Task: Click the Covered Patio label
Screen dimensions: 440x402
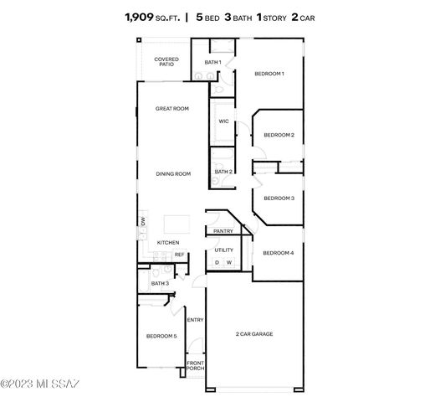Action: pyautogui.click(x=166, y=61)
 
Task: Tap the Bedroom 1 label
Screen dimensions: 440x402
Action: pyautogui.click(x=269, y=74)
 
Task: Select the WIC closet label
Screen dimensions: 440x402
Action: pyautogui.click(x=223, y=121)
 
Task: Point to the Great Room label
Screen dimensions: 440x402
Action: pyautogui.click(x=172, y=108)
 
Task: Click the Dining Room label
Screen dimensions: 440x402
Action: pyautogui.click(x=173, y=174)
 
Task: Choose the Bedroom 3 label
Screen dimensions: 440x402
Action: pyautogui.click(x=279, y=198)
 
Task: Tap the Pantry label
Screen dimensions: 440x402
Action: pyautogui.click(x=223, y=231)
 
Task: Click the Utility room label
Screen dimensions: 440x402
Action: pyautogui.click(x=224, y=250)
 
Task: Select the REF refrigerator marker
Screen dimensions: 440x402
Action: pyautogui.click(x=179, y=255)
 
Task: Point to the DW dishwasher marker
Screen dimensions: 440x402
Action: pyautogui.click(x=143, y=221)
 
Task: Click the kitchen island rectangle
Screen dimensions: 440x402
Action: pyautogui.click(x=177, y=224)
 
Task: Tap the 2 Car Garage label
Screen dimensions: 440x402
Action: pyautogui.click(x=254, y=333)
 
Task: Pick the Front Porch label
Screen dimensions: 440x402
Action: pyautogui.click(x=195, y=365)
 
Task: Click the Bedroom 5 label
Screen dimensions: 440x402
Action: pyautogui.click(x=161, y=336)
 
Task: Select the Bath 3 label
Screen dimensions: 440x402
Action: pyautogui.click(x=160, y=283)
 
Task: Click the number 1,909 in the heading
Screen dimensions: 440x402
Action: pyautogui.click(x=139, y=18)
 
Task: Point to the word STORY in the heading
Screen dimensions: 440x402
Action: pyautogui.click(x=274, y=18)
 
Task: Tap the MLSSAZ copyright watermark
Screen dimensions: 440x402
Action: pyautogui.click(x=40, y=384)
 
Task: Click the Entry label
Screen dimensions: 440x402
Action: pyautogui.click(x=195, y=320)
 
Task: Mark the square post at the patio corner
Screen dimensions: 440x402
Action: pyautogui.click(x=139, y=40)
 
